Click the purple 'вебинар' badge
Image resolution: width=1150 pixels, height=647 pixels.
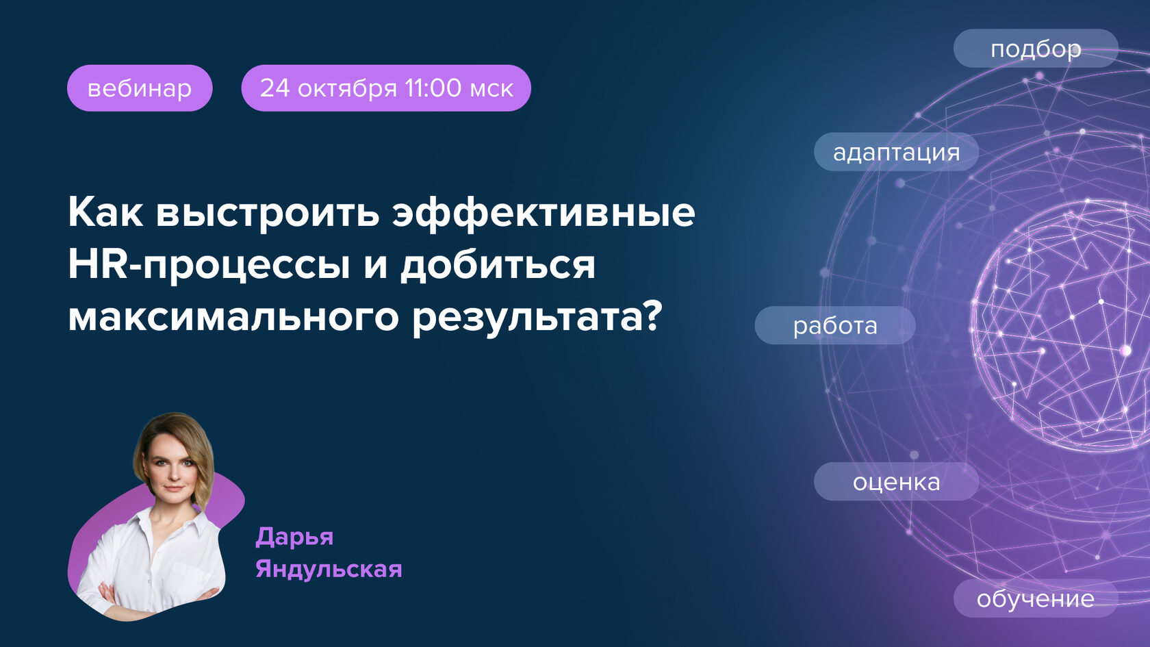(140, 88)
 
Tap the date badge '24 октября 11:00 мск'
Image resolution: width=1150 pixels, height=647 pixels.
(385, 88)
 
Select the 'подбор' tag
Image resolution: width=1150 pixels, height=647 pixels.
(1035, 49)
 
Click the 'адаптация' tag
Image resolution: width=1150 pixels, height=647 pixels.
(895, 152)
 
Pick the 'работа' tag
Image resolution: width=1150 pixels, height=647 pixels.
(834, 325)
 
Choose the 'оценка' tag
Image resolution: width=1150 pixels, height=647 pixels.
(895, 482)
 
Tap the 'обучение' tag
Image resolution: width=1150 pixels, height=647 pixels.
(1035, 598)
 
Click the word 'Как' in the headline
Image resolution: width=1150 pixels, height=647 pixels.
(105, 212)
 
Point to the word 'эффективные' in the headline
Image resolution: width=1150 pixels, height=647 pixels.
(544, 214)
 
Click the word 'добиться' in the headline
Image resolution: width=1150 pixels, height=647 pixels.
(498, 266)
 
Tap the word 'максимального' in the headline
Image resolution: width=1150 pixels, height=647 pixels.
(233, 318)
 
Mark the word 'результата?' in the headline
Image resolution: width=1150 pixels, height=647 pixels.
(537, 318)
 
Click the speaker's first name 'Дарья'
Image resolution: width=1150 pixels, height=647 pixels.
(294, 537)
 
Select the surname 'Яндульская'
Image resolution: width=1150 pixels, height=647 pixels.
(329, 569)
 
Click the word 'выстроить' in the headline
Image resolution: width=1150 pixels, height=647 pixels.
(268, 214)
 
